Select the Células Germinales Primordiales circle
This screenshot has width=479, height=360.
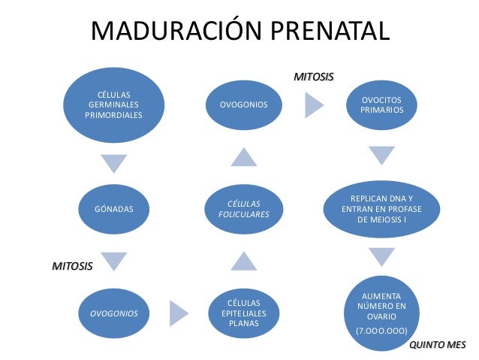coord(114,104)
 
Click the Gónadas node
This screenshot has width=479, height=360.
coord(114,208)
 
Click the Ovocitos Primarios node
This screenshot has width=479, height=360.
coord(381,104)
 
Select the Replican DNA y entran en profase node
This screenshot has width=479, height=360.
coord(381,208)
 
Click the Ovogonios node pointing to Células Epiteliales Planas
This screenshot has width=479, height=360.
coord(114,313)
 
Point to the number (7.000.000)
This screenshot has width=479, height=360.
coord(381,331)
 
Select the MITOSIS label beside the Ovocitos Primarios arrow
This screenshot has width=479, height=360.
coord(313,77)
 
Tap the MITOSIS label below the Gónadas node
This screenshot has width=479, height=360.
coord(72,266)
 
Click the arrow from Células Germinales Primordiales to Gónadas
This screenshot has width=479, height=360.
coord(114,162)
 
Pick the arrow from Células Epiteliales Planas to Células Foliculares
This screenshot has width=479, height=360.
coord(243,262)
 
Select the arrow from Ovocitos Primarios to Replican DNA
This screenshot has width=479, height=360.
coord(381,156)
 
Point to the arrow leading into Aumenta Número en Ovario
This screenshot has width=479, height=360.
coord(381,256)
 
